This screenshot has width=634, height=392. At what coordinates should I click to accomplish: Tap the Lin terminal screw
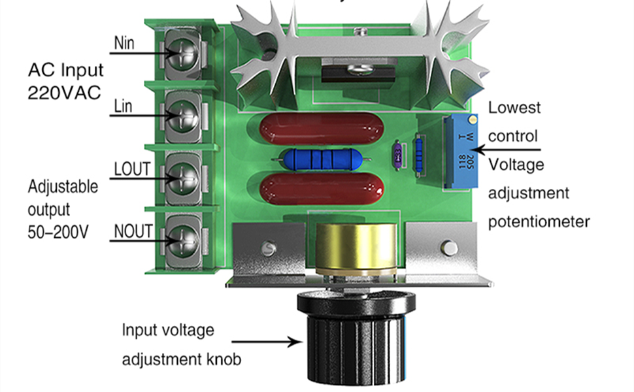pos(182,116)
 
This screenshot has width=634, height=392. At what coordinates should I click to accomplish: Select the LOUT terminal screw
pos(182,178)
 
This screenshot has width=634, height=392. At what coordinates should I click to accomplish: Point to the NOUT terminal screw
pos(182,240)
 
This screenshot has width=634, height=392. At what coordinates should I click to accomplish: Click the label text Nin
pos(124,43)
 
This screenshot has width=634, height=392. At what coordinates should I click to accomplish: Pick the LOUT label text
pos(132,169)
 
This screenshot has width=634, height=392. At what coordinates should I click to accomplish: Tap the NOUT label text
pos(133,231)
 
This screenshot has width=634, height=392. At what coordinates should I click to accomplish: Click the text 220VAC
pos(64,93)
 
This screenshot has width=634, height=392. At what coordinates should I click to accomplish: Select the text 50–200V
pos(58,232)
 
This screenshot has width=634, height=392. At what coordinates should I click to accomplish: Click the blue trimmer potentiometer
pos(461,151)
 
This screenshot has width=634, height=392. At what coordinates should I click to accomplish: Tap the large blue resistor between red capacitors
pos(321,159)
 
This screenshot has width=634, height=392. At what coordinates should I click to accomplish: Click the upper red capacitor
pos(322,129)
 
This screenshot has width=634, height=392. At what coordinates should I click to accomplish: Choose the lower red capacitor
pos(322,189)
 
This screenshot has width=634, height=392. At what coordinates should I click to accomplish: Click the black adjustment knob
pos(356,336)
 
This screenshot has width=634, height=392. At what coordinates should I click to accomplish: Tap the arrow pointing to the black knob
pos(267,342)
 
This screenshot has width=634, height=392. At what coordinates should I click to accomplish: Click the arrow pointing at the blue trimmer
pos(507,150)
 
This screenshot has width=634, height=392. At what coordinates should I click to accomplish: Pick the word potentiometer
pos(539,222)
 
